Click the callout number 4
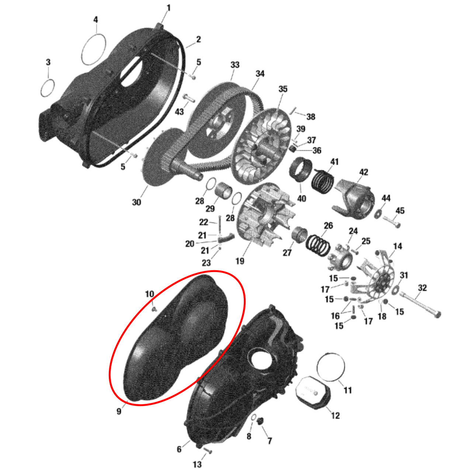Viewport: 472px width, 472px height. pos(96,20)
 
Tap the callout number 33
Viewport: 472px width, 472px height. pos(235,65)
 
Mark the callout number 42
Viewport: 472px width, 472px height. pos(364,172)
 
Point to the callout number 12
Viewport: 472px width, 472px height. pos(335,415)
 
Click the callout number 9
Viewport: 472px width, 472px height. pos(119,411)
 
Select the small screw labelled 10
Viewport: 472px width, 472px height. pos(154,310)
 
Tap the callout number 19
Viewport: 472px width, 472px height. pos(240,261)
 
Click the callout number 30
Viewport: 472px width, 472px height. pos(136,202)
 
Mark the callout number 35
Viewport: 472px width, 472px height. pos(283,89)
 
